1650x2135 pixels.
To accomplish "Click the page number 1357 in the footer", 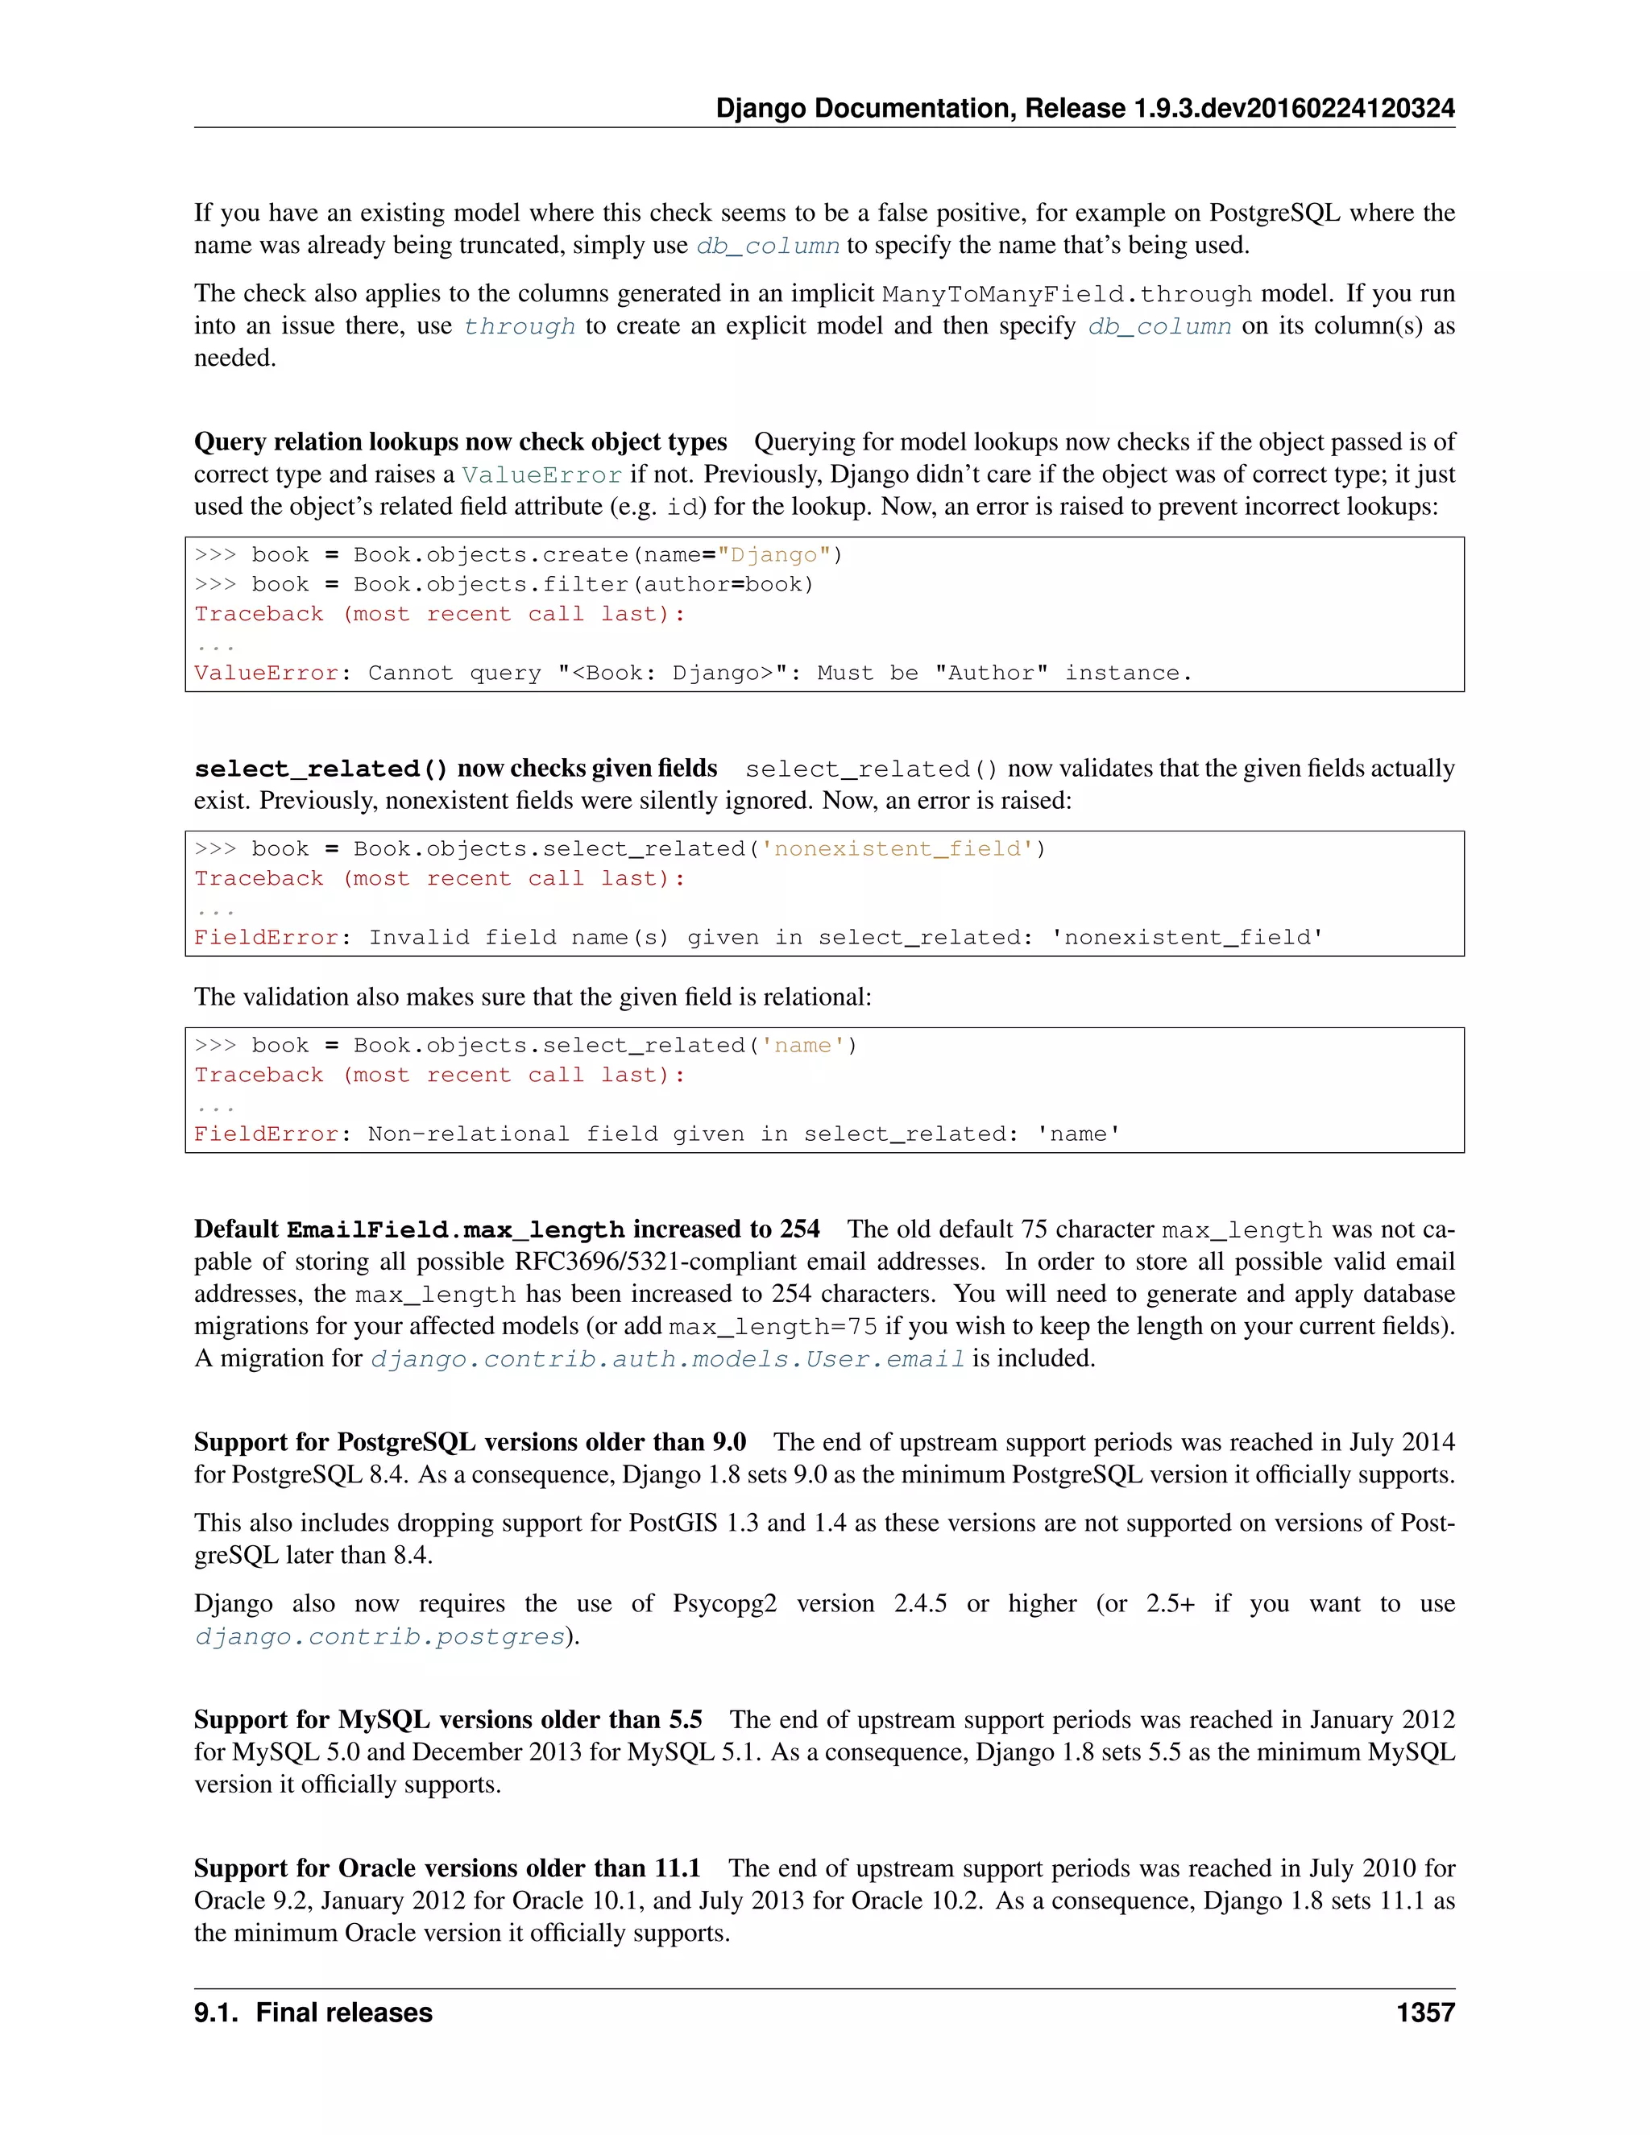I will tap(1425, 2013).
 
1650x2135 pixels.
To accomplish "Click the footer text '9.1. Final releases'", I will tap(313, 2013).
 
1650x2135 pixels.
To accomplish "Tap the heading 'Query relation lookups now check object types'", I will tap(460, 442).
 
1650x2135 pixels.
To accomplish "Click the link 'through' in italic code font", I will tap(519, 326).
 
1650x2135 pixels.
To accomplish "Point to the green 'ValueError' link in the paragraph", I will tap(541, 475).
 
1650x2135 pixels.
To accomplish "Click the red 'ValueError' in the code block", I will tap(266, 674).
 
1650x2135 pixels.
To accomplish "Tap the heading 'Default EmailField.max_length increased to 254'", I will tap(506, 1229).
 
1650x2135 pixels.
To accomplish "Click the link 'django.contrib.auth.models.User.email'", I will tap(668, 1359).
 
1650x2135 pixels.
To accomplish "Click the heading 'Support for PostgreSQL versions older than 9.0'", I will tap(471, 1443).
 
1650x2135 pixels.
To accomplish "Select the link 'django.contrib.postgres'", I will tap(380, 1636).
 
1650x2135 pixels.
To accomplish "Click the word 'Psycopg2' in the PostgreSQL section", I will tap(724, 1604).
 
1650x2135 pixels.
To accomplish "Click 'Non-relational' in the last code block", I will tap(468, 1135).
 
